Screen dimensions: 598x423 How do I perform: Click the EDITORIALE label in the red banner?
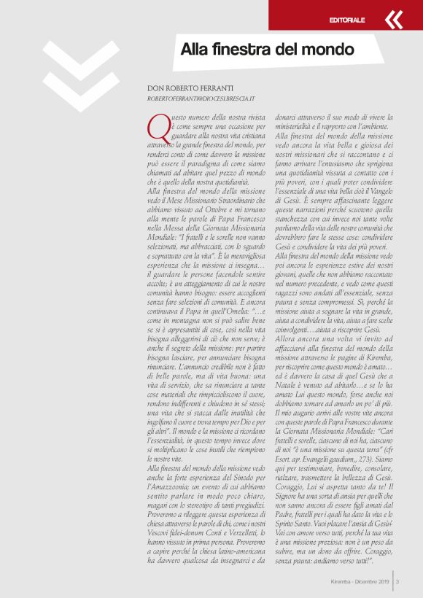coord(347,20)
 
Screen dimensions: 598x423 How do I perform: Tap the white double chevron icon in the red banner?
coord(393,20)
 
